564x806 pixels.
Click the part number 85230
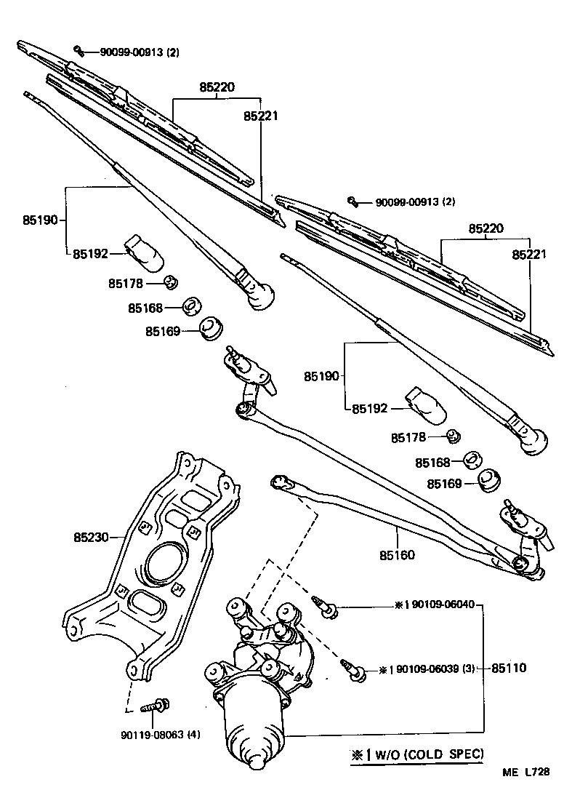point(90,538)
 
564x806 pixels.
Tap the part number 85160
point(396,555)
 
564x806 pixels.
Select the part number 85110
point(508,667)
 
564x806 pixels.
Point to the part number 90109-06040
point(442,604)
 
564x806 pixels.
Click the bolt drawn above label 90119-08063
point(159,704)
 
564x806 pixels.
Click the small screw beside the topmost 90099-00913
point(79,50)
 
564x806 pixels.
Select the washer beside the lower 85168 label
point(474,460)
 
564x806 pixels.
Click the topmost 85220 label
point(218,87)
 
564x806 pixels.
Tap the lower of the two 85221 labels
point(528,255)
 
